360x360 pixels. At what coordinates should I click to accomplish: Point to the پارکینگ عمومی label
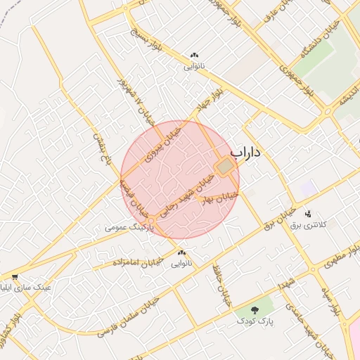(127, 228)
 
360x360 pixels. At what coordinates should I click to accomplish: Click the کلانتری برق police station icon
(307, 213)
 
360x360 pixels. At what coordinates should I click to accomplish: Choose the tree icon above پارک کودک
(255, 310)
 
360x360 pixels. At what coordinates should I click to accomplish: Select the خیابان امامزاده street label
(138, 262)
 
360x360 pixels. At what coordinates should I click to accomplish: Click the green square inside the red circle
(224, 167)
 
